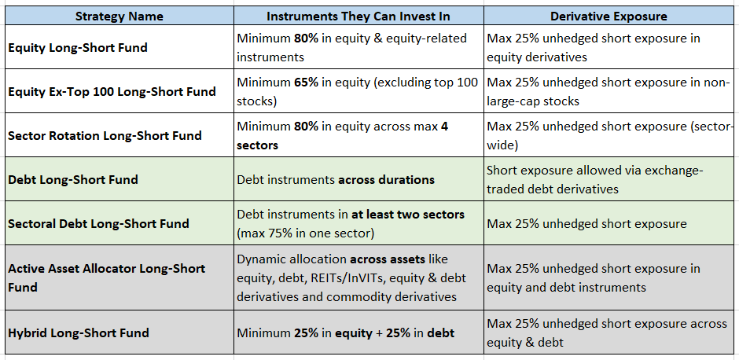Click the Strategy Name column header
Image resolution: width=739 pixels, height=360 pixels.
(x=119, y=16)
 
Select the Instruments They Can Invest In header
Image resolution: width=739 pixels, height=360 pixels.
(x=358, y=16)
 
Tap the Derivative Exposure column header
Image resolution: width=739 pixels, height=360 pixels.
(x=608, y=16)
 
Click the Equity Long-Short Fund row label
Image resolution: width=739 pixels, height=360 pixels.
(x=78, y=48)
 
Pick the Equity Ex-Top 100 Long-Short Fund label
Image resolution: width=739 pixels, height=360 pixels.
(x=112, y=91)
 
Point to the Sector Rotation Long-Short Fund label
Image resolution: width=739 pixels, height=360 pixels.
(x=105, y=136)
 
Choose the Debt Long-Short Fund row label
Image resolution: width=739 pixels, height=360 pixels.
(x=73, y=179)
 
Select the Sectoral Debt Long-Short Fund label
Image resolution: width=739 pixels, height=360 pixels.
(x=98, y=223)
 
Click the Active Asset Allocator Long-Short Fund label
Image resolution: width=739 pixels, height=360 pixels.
(x=106, y=277)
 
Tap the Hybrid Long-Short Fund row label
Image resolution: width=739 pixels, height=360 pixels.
(x=79, y=332)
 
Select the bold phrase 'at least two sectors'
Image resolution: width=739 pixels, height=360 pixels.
(x=408, y=215)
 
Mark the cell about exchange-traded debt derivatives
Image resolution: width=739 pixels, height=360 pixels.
(x=595, y=179)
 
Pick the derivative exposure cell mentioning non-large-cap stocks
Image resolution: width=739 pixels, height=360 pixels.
(x=608, y=91)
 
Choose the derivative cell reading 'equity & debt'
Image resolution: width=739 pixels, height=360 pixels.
(x=607, y=332)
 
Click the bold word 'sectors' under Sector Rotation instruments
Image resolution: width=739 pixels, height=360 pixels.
(x=257, y=145)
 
